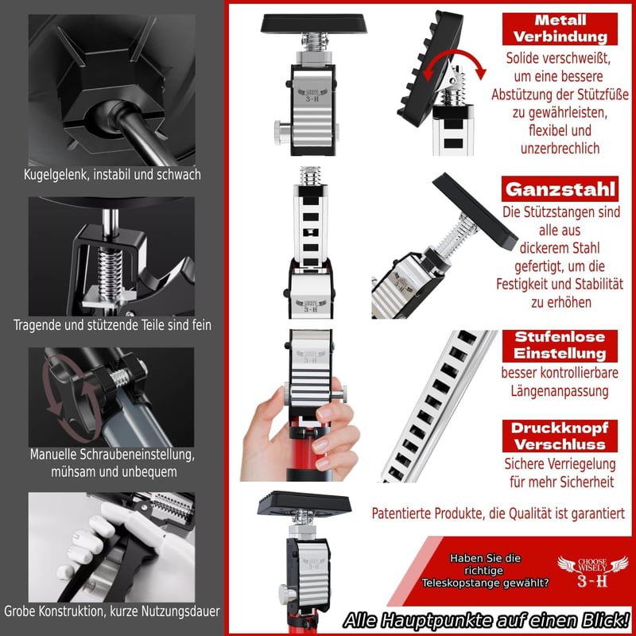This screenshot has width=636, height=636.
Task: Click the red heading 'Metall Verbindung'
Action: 560,29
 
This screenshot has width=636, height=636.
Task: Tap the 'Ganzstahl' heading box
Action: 560,189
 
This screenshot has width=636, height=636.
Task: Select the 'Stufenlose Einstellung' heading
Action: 560,346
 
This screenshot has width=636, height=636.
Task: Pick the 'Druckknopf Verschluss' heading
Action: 560,436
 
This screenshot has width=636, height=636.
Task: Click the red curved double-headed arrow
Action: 453,52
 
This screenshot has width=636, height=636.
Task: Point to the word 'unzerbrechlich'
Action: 560,149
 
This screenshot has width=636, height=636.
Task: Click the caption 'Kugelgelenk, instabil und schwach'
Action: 112,174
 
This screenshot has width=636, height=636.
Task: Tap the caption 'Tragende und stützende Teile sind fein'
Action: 112,325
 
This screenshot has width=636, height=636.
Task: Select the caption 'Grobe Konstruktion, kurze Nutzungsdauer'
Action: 112,611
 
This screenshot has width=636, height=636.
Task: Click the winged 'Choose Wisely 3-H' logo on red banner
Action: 592,572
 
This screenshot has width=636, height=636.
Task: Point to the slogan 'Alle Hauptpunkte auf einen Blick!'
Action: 486,620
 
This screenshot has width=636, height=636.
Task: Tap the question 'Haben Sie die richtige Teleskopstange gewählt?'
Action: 485,571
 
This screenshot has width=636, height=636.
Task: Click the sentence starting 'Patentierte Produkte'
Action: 498,514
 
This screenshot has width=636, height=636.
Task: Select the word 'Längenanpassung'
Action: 560,391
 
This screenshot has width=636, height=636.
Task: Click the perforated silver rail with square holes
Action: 438,405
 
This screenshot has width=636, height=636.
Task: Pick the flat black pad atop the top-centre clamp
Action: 313,23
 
